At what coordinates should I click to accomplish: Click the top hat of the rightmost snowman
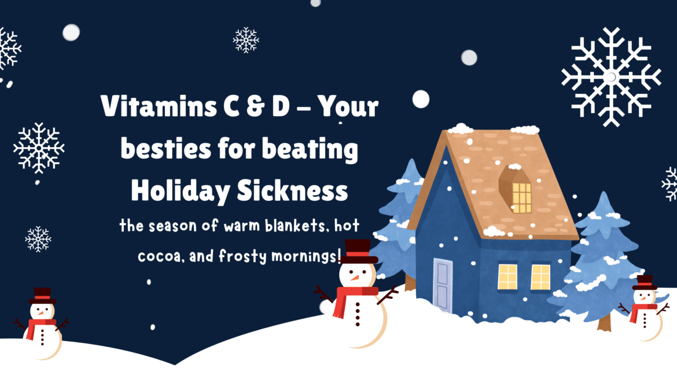(643, 282)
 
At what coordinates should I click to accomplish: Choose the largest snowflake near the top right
(611, 76)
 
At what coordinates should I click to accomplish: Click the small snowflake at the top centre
(246, 40)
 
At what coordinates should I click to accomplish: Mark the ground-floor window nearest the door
(507, 277)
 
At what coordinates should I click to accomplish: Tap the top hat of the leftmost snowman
(42, 294)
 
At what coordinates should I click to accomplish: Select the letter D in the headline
(279, 108)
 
